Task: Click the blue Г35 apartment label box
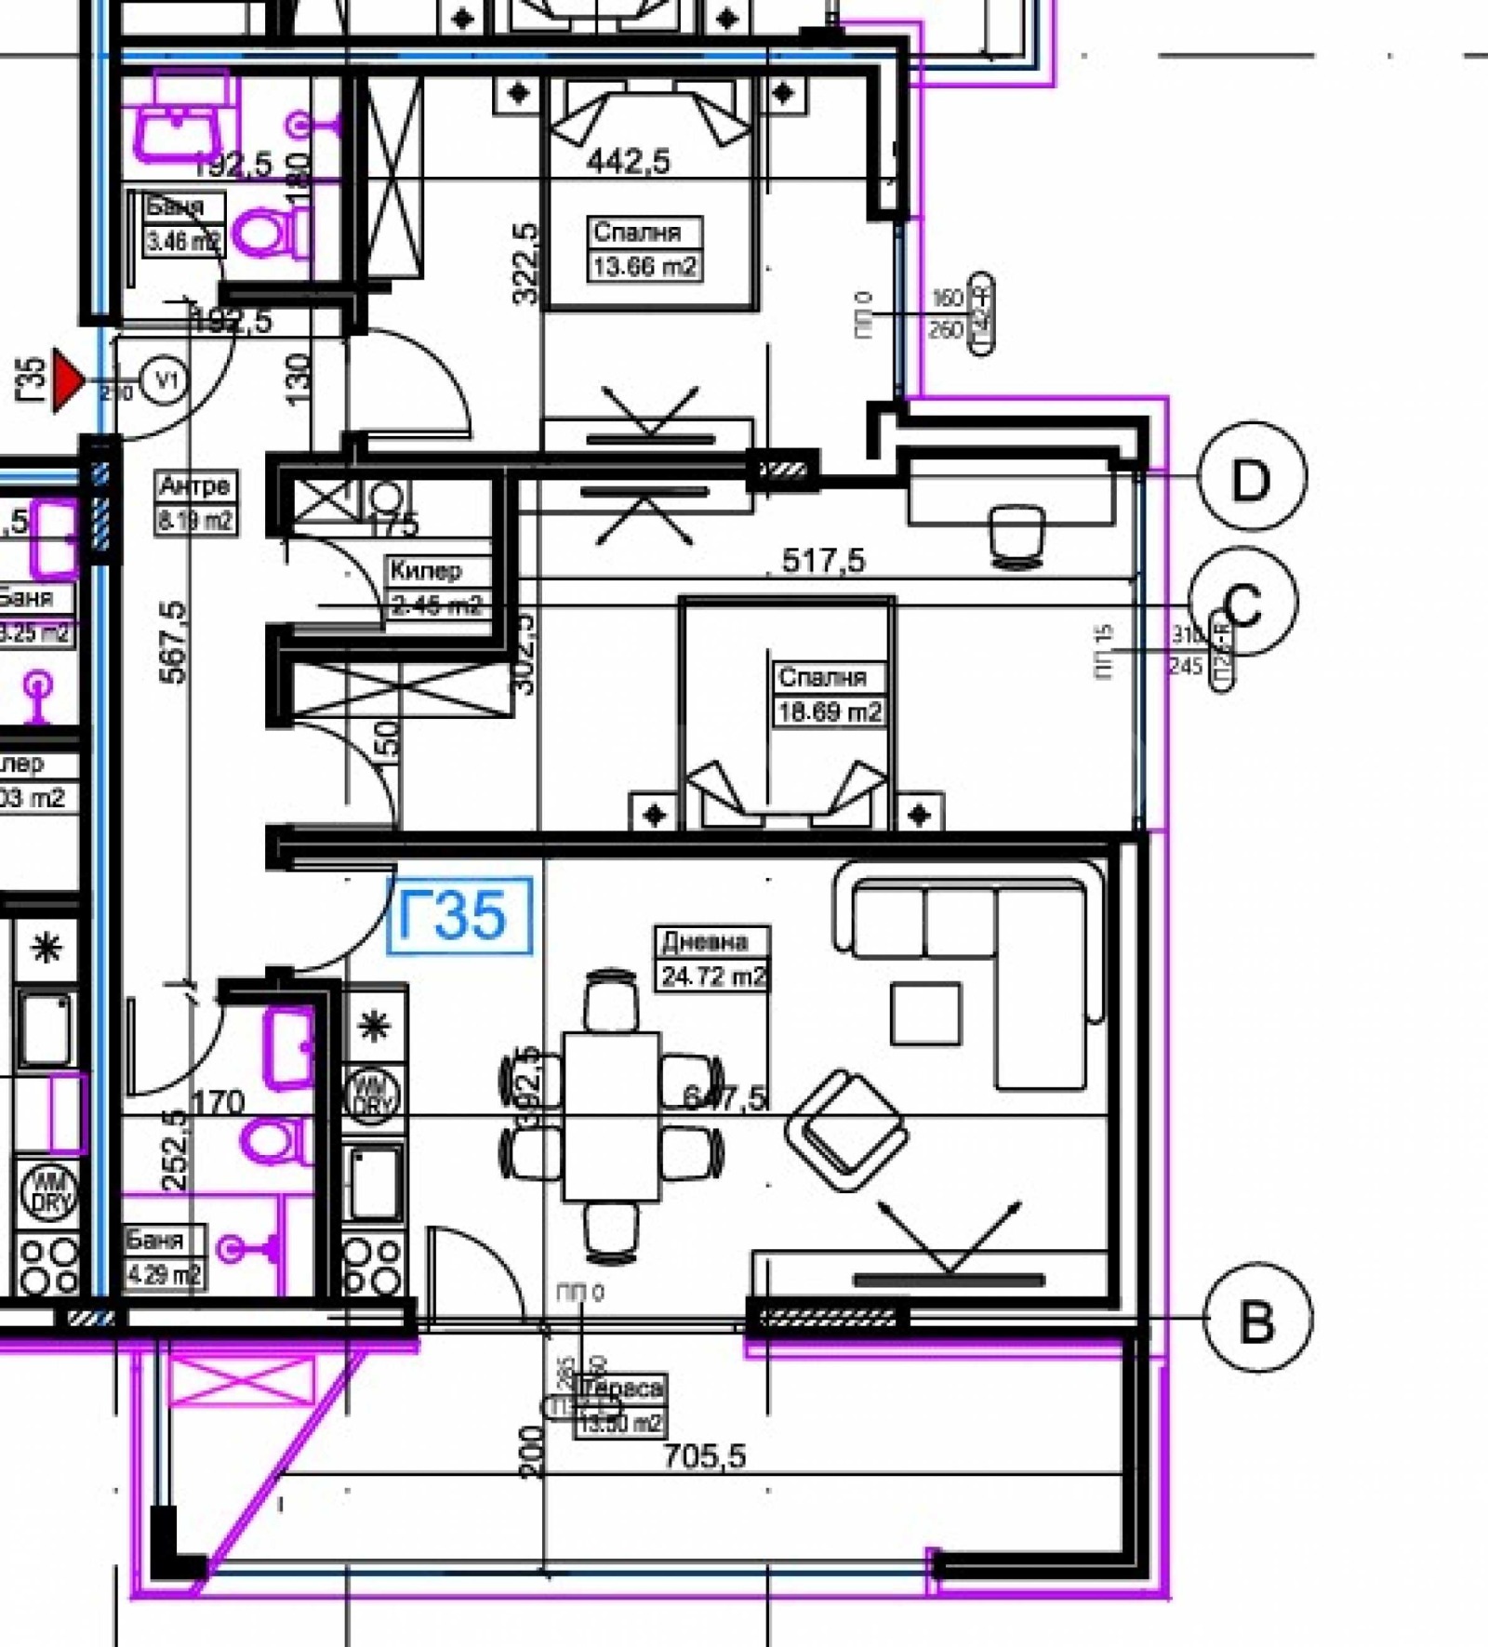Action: click(459, 915)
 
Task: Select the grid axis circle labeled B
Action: click(1256, 1318)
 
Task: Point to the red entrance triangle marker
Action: click(66, 379)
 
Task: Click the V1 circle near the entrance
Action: click(166, 379)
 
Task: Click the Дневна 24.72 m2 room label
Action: click(713, 959)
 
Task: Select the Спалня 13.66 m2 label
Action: click(644, 249)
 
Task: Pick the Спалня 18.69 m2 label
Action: click(829, 695)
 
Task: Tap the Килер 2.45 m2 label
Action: click(434, 588)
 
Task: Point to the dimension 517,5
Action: click(823, 561)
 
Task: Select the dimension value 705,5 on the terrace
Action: click(704, 1456)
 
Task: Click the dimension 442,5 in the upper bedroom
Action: click(629, 162)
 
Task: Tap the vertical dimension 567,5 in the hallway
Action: click(174, 642)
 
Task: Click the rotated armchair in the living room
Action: click(846, 1130)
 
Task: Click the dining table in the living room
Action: click(612, 1115)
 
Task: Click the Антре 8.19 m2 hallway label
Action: click(195, 503)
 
